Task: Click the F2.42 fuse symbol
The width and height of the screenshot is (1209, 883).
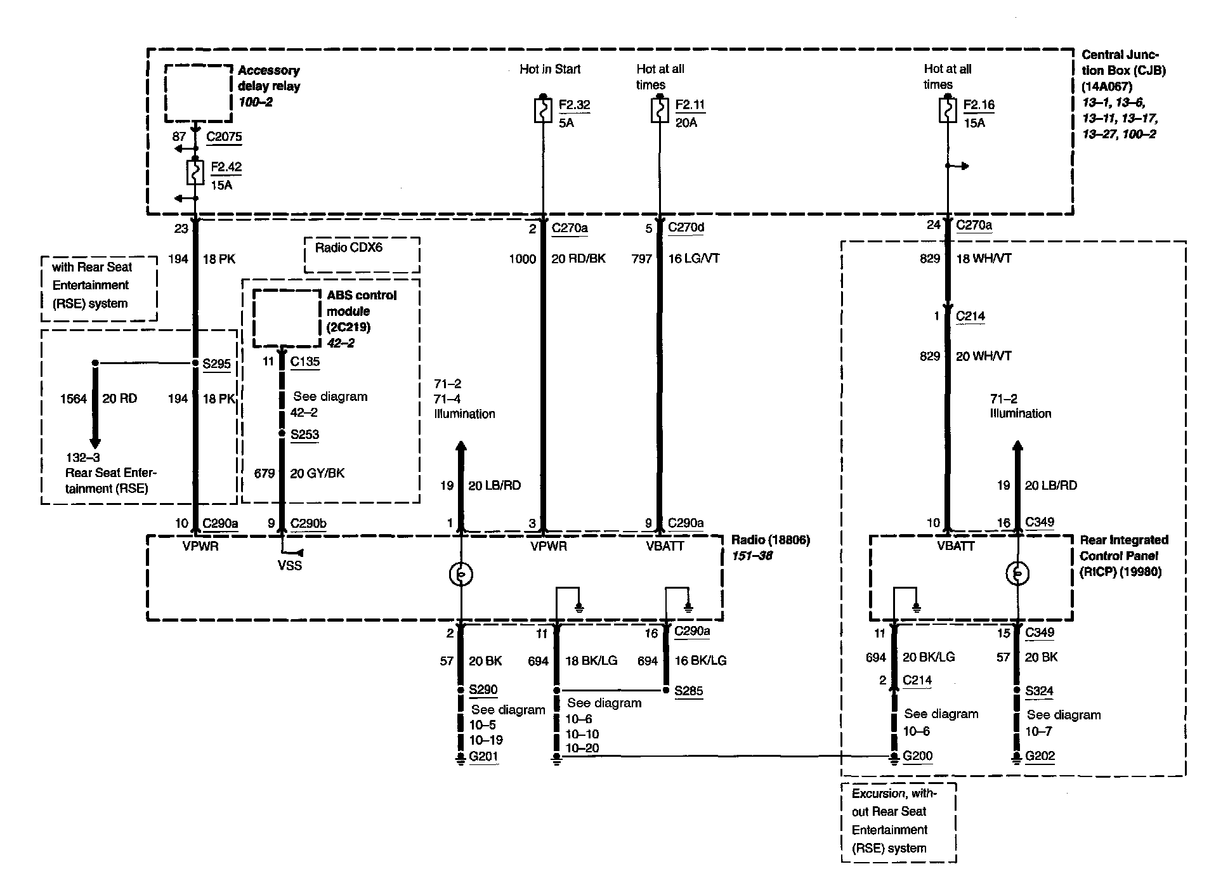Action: click(x=195, y=172)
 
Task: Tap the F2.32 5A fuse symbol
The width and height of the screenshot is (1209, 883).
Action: click(x=544, y=110)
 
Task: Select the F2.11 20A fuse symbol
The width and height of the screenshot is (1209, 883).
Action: click(x=660, y=110)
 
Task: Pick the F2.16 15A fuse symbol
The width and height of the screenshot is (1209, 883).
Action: click(x=948, y=110)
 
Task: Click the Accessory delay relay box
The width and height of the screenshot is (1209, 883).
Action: click(x=198, y=93)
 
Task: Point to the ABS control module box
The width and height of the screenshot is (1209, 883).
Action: click(x=287, y=318)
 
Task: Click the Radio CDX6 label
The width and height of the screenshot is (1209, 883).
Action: click(x=349, y=247)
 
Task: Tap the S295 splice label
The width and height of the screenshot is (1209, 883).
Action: click(x=217, y=364)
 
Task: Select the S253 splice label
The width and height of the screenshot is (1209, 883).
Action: click(x=304, y=435)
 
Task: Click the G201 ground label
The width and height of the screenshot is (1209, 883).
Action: click(x=483, y=756)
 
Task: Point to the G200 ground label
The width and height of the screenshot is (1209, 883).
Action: click(x=918, y=756)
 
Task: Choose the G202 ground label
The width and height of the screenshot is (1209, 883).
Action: click(x=1040, y=756)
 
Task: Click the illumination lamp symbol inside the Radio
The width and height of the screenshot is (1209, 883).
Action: click(x=461, y=575)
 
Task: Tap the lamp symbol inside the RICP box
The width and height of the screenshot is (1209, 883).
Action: click(x=1017, y=574)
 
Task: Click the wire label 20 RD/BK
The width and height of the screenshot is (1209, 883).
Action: click(x=578, y=259)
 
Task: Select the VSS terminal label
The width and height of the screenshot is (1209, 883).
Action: click(x=290, y=565)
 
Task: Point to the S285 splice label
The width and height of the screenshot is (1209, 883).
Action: click(x=689, y=691)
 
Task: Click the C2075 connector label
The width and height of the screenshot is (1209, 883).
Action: click(x=224, y=136)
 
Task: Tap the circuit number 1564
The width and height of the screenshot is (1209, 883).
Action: click(x=74, y=398)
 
